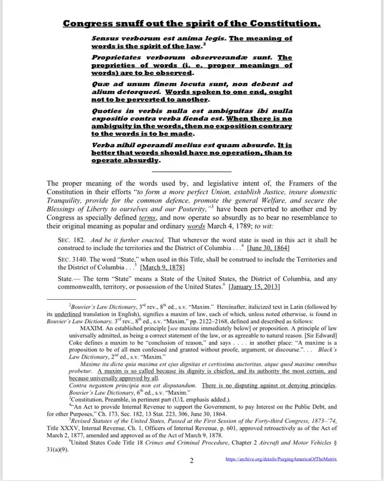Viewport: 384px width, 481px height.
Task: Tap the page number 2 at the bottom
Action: tap(191, 461)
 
